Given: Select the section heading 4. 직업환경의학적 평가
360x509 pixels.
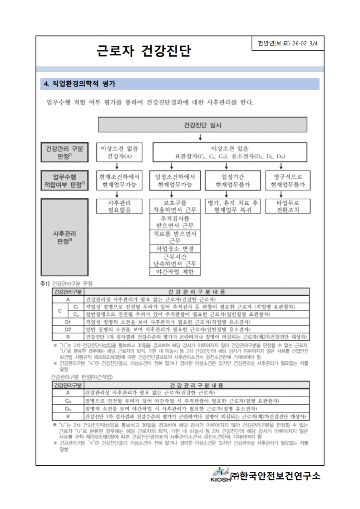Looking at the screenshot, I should tap(80, 84).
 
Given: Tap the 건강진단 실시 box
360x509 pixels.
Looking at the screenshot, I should tap(200, 124).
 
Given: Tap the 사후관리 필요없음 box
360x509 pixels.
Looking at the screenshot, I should tap(119, 206).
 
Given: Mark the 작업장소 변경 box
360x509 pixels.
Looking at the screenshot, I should tap(174, 249).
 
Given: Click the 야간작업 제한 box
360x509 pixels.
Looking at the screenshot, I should tap(174, 272).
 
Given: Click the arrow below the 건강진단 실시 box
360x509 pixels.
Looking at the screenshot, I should tap(200, 137).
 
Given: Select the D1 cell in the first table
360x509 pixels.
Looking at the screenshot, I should tap(68, 322).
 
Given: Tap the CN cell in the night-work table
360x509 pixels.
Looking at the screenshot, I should tap(68, 401).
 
